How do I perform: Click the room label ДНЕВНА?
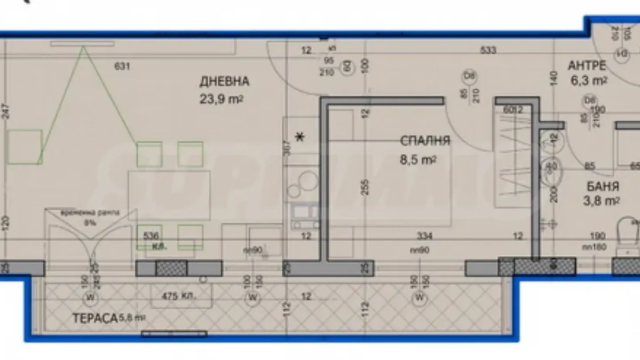tap(224, 81)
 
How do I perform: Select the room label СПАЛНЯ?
tap(425, 141)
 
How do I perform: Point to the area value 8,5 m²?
tap(418, 159)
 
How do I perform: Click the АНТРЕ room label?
tap(587, 66)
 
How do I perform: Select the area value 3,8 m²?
tap(601, 202)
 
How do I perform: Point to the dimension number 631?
tap(122, 67)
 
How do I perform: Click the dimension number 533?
tap(488, 51)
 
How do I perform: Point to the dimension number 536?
tap(150, 236)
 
